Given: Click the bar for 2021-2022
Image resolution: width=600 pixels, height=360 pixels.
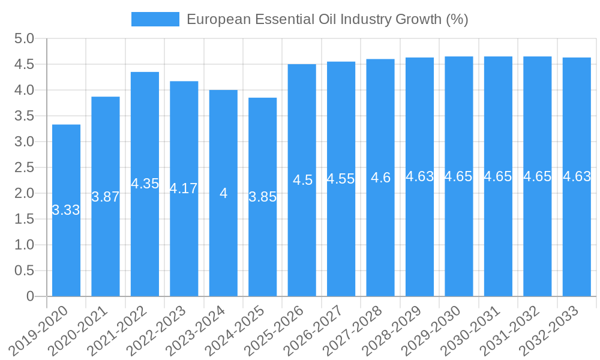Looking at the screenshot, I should [145, 240].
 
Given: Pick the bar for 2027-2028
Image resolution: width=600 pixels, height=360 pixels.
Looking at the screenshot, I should [380, 240].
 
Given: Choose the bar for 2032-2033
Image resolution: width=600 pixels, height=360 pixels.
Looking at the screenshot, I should [577, 240].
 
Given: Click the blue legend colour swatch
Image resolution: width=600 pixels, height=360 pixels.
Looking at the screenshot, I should [155, 19].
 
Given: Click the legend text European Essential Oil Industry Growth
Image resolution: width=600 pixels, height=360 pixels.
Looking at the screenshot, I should [327, 19].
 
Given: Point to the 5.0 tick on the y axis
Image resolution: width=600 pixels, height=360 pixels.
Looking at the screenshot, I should [24, 39].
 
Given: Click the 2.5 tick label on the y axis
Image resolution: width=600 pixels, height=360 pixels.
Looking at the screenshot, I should [24, 168].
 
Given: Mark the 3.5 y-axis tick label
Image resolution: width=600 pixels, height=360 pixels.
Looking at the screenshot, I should [24, 116].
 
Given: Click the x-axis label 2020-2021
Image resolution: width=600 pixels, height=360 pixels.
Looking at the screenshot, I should [78, 330].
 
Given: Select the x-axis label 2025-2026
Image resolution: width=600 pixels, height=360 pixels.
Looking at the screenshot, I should [275, 330].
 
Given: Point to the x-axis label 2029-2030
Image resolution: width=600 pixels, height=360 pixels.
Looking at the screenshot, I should [432, 330].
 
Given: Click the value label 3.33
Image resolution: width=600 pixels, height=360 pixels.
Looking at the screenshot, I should [66, 210].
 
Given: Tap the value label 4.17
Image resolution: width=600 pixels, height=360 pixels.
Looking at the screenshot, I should [184, 188].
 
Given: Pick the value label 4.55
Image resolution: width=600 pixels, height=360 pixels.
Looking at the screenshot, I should [341, 179].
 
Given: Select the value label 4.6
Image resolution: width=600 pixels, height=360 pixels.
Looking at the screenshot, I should [380, 178].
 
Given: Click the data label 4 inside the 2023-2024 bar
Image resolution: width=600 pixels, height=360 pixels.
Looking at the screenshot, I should [223, 193].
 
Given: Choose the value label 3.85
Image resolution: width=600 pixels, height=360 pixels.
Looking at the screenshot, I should [262, 197].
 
